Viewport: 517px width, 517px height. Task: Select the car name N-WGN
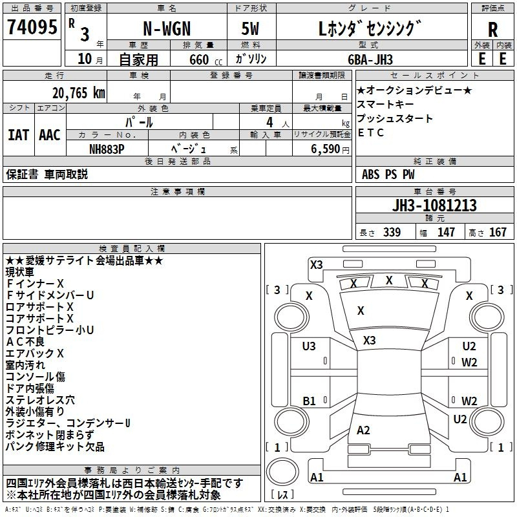point(167,28)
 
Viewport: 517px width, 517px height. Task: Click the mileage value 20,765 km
point(76,93)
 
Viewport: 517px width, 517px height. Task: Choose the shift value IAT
point(18,134)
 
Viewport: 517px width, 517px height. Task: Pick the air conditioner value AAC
point(50,134)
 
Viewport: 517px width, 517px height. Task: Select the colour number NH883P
point(107,149)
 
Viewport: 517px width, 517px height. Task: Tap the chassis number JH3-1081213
point(434,206)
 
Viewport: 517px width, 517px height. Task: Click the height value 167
point(498,233)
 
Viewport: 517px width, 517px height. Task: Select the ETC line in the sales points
point(371,133)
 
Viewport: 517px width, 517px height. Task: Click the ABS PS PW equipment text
point(388,174)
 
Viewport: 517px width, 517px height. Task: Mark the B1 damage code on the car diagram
point(310,401)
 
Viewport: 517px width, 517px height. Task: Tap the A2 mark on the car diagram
point(363,430)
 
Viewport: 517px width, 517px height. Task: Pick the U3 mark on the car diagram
point(310,347)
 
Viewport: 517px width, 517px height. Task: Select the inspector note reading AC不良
point(26,342)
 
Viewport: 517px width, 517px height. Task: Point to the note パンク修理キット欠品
point(55,447)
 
